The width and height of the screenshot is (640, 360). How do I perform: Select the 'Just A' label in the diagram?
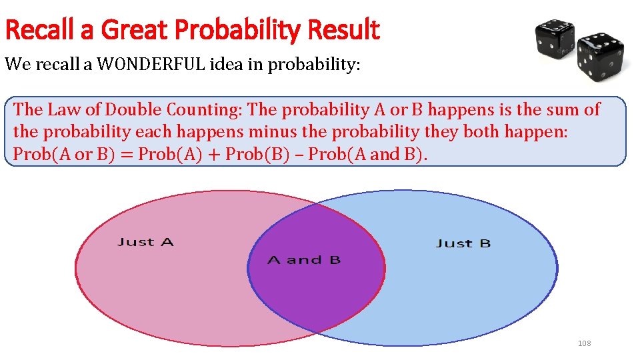click(x=145, y=242)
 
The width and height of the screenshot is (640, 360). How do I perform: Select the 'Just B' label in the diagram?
click(x=463, y=243)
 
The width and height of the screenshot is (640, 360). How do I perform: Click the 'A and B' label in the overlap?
click(x=304, y=260)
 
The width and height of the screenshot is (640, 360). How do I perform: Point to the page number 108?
click(x=584, y=343)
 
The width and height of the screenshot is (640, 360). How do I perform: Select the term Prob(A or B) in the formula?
click(x=53, y=155)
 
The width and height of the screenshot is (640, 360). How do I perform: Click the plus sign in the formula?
click(x=214, y=155)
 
